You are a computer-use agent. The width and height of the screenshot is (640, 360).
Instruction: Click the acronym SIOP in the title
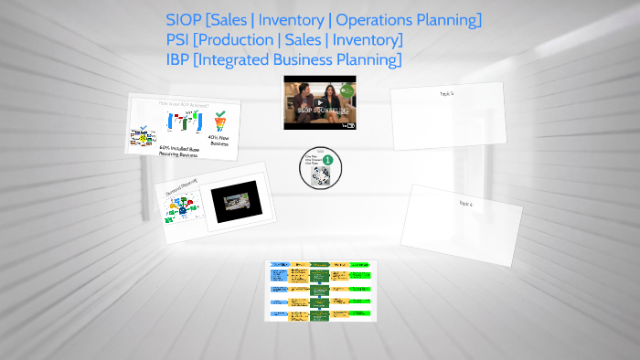tap(185, 19)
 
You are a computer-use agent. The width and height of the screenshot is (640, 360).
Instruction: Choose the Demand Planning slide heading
tap(181, 188)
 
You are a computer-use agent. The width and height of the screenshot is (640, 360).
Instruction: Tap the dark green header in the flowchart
tap(320, 267)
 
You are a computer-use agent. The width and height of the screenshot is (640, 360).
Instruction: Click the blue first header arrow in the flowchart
tap(277, 266)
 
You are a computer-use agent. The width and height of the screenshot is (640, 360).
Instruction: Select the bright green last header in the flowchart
tap(361, 267)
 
